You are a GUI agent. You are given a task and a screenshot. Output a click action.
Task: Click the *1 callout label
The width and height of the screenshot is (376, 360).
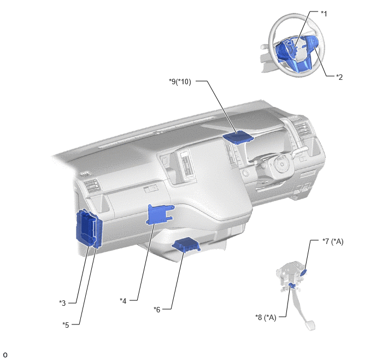point(324,14)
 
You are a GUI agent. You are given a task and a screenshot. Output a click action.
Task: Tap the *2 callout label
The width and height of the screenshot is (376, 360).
point(339,77)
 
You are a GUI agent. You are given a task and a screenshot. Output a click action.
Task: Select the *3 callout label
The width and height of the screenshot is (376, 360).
point(62,303)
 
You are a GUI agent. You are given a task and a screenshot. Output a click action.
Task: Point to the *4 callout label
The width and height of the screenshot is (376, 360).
point(123,301)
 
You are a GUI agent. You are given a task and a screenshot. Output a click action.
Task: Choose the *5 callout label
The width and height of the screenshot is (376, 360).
point(66,325)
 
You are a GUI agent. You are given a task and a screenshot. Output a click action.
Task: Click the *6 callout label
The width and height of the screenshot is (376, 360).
point(157,310)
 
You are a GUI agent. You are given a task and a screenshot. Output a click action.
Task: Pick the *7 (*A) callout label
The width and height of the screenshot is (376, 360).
point(333,241)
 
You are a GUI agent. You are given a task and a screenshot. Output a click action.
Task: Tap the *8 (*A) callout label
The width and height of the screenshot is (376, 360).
point(266,317)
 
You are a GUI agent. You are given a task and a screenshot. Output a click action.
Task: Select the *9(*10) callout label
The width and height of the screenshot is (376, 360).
point(180,82)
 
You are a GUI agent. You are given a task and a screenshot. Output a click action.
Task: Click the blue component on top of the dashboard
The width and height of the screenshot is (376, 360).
point(238,138)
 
